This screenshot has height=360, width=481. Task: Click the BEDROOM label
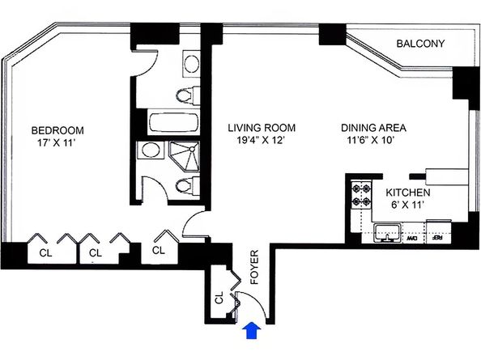[x=57, y=130]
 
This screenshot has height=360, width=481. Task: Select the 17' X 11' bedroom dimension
[x=57, y=144]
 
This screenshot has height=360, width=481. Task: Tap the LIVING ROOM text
[x=261, y=128]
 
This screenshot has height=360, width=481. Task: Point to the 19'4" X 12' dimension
[x=261, y=142]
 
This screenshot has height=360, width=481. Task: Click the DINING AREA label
[x=373, y=128]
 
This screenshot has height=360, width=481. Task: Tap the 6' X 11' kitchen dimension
[x=407, y=206]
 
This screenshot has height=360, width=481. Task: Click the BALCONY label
[x=420, y=44]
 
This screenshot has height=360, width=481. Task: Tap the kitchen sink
[x=385, y=235]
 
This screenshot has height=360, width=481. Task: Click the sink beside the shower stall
[x=151, y=150]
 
